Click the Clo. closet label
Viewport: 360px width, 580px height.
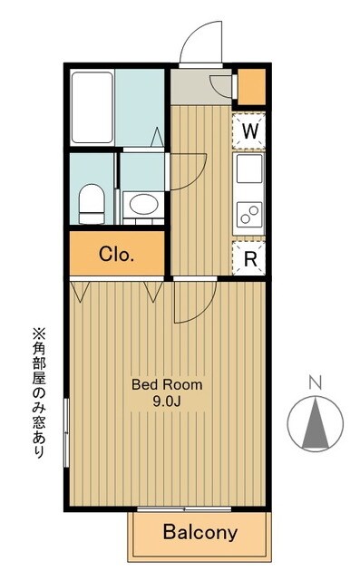click(117, 254)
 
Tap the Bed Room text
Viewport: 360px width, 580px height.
click(167, 384)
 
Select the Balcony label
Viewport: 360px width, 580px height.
click(199, 533)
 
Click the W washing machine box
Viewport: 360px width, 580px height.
click(250, 130)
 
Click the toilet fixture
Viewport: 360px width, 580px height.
click(91, 203)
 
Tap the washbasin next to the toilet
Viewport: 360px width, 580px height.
click(142, 204)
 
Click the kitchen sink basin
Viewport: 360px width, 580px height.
click(249, 168)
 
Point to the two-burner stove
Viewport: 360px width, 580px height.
click(249, 215)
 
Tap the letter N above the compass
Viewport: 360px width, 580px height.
click(315, 381)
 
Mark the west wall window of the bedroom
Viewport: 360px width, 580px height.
click(65, 432)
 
